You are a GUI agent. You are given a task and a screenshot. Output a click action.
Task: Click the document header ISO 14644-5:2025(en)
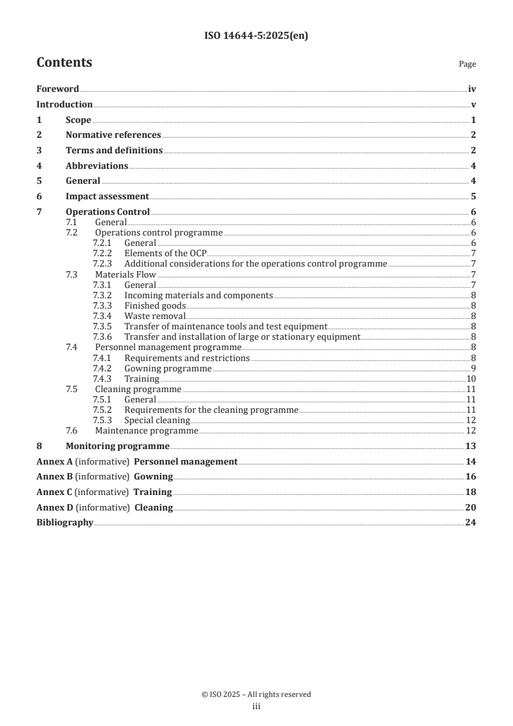(x=256, y=36)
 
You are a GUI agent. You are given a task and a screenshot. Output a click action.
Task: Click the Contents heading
(x=64, y=63)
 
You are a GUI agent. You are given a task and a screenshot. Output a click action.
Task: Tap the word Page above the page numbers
(x=467, y=65)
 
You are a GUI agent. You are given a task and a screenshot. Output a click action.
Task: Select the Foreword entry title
(x=58, y=89)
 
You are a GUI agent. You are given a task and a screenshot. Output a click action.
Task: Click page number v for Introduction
(x=474, y=105)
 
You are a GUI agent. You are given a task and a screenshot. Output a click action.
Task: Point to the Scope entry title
(x=78, y=120)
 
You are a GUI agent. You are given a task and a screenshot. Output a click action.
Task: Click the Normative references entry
(x=113, y=135)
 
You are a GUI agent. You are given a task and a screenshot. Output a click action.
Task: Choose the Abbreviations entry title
(x=97, y=166)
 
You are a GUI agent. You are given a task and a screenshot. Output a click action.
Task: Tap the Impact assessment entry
(x=107, y=196)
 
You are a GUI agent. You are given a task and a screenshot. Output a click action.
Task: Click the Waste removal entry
(x=155, y=316)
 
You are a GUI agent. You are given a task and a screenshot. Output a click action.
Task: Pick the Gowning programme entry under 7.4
(x=168, y=369)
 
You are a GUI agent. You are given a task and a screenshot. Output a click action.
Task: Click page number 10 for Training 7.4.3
(x=472, y=379)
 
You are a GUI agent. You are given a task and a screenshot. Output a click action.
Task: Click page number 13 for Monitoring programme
(x=471, y=446)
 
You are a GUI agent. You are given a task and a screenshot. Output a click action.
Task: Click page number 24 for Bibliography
(x=470, y=523)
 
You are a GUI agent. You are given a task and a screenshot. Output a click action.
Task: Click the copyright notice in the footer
(x=256, y=694)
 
